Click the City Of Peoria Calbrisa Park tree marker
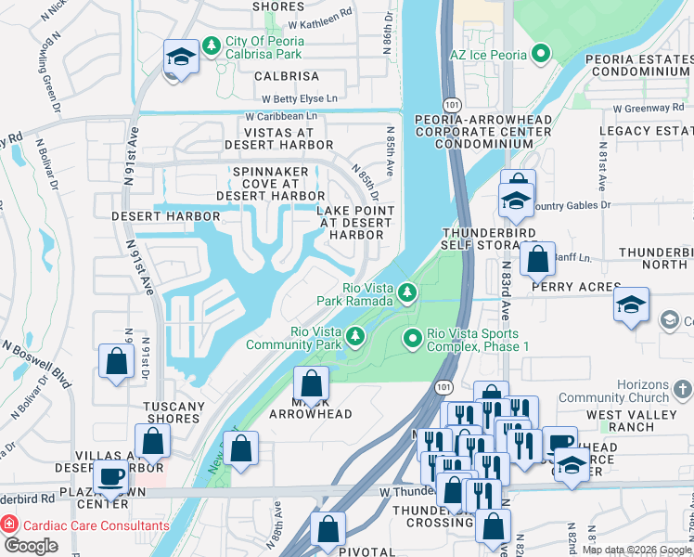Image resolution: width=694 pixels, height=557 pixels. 212,44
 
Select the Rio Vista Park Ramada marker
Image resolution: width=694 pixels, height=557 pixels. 406,294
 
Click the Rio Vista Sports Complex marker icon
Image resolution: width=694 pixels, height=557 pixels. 414,340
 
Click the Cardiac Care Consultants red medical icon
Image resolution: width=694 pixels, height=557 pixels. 10,525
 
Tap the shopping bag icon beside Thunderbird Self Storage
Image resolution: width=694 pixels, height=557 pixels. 537,260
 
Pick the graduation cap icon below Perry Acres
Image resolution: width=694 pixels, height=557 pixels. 631,306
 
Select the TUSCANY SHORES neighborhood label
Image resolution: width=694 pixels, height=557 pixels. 173,412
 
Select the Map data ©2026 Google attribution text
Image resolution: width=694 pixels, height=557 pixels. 636,550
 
